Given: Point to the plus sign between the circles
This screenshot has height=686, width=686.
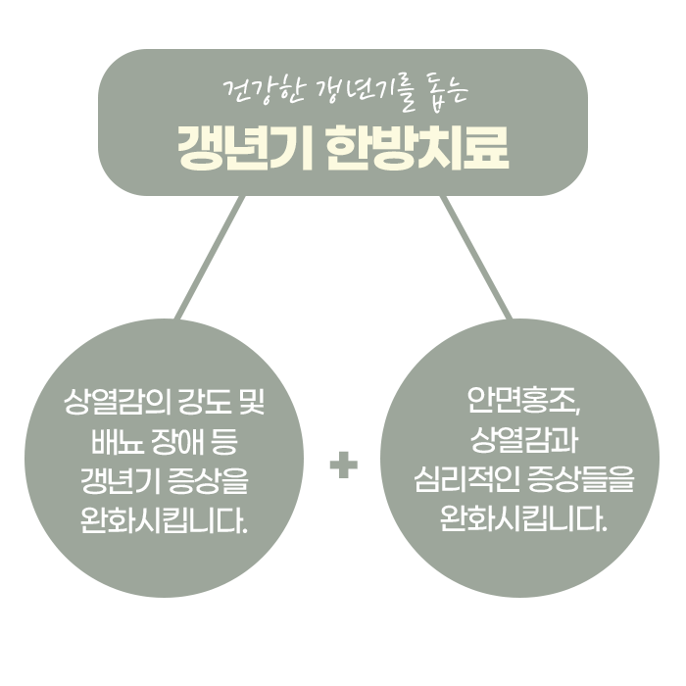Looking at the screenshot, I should pos(343,465).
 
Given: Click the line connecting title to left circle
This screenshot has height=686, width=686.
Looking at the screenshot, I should pos(209,257).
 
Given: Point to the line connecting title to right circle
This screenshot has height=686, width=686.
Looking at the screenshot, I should pos(476,257).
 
